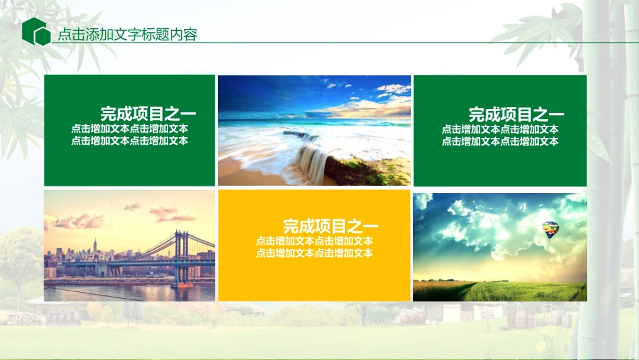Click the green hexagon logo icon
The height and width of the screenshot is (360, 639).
(x=36, y=32)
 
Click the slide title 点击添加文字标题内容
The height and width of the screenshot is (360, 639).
(x=127, y=35)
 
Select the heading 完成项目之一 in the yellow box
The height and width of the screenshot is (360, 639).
(x=330, y=226)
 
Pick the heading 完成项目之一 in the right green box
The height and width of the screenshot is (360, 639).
(x=516, y=114)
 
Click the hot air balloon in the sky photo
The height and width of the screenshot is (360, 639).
(x=551, y=230)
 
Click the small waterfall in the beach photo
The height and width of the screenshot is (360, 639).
(x=310, y=159)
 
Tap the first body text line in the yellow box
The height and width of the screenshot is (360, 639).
(x=314, y=241)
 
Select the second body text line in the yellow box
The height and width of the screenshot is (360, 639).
(x=314, y=253)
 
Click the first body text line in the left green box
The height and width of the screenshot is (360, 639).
(x=129, y=129)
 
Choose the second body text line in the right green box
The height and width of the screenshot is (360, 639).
(x=500, y=141)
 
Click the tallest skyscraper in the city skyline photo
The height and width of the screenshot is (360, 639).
(x=95, y=249)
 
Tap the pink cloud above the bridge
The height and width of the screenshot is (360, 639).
(x=168, y=214)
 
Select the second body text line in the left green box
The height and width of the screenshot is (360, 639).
(x=129, y=141)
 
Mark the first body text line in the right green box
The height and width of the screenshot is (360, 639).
(x=500, y=129)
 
